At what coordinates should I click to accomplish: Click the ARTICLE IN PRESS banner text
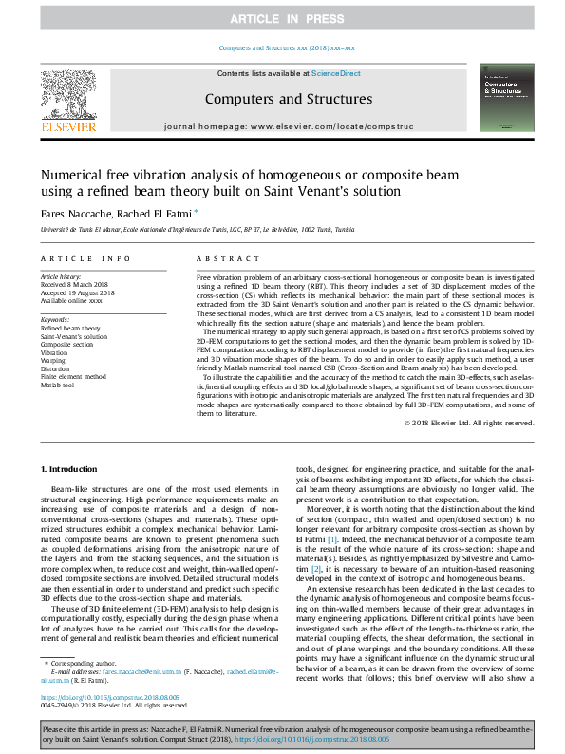(282, 18)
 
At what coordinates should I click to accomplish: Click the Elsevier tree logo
(68, 99)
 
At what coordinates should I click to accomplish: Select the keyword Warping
(54, 360)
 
